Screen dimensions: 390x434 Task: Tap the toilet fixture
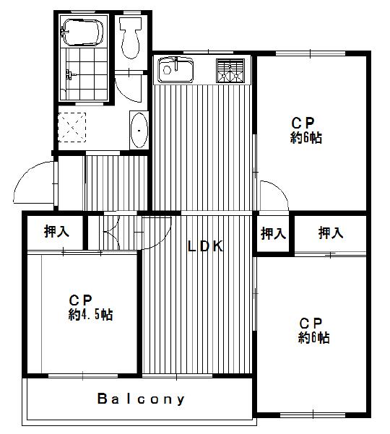(130, 38)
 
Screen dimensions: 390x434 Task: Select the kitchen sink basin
(175, 70)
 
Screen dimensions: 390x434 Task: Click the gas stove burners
(230, 71)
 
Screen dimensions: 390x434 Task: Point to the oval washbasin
(139, 130)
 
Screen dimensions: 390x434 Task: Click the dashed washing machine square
(72, 127)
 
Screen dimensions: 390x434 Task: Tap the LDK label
(205, 246)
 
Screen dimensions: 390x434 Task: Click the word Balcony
(141, 399)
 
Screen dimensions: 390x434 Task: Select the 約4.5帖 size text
(90, 314)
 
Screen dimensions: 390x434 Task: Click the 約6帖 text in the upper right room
(305, 137)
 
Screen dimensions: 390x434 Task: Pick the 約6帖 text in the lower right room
(313, 337)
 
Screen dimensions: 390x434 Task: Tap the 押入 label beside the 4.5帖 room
(56, 231)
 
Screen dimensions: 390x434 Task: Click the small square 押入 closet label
(273, 233)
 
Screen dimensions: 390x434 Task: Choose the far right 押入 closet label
(331, 233)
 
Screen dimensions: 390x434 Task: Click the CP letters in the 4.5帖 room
(80, 300)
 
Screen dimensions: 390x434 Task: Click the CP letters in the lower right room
(311, 323)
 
